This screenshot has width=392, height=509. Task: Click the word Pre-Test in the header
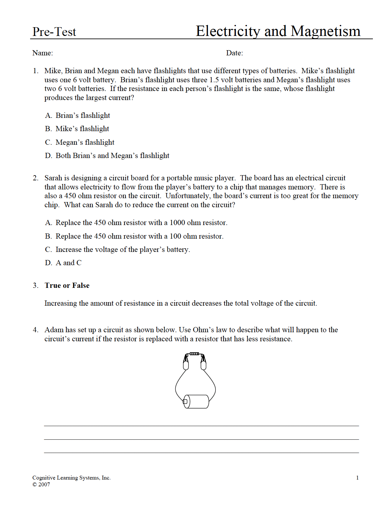click(54, 32)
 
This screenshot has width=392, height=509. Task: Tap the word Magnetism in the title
click(325, 31)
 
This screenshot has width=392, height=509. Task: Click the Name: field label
click(42, 53)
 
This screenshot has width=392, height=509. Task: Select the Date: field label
click(234, 53)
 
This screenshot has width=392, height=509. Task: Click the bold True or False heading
click(67, 286)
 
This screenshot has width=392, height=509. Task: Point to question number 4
click(35, 330)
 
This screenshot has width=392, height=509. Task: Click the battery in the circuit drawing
click(197, 402)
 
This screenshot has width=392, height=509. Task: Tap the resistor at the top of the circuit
click(194, 354)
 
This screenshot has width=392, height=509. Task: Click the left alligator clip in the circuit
click(186, 362)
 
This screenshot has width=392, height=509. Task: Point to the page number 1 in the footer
click(357, 478)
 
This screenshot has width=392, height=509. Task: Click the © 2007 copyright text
click(41, 485)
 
